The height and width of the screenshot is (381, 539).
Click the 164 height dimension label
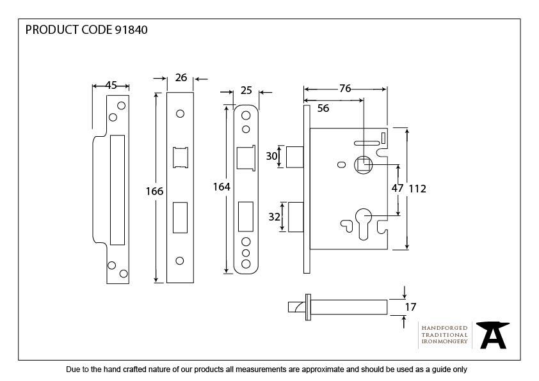(x=221, y=187)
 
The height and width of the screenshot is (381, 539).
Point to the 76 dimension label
(x=344, y=89)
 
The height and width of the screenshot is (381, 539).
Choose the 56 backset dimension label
(x=323, y=109)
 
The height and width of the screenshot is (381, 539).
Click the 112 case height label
(x=417, y=189)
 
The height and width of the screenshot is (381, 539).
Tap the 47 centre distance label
(x=397, y=189)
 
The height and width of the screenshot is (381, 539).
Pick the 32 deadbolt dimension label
(x=274, y=217)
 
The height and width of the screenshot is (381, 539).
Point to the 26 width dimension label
(x=181, y=77)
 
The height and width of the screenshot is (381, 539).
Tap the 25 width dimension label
(x=246, y=91)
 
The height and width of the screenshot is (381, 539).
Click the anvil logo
(x=493, y=335)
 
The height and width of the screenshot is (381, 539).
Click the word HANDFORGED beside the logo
(x=444, y=328)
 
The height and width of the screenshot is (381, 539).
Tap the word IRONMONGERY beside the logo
(x=444, y=341)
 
